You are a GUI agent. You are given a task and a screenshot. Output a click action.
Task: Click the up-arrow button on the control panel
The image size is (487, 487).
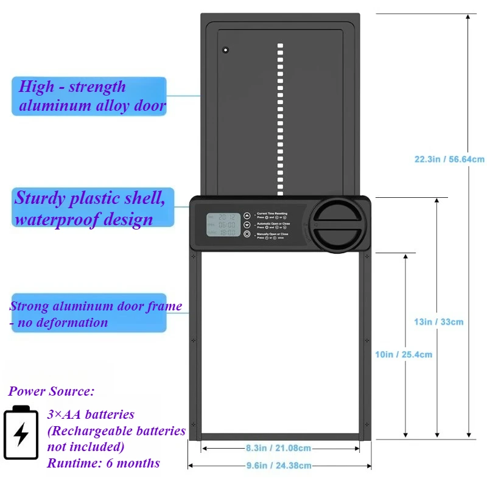247,215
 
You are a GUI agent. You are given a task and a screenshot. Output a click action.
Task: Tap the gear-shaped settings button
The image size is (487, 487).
247,234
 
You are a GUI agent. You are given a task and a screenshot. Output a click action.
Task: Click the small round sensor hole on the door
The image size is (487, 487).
225,49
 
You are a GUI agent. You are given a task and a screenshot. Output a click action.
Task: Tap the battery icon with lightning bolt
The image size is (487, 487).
21,433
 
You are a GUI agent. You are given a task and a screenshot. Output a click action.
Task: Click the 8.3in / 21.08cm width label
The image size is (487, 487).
278,448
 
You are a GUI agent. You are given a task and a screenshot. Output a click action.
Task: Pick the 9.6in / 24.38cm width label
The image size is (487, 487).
278,466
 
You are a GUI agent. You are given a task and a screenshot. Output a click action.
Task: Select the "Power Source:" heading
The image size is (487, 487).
52,391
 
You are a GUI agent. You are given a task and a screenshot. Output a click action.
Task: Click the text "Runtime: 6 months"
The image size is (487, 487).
103,463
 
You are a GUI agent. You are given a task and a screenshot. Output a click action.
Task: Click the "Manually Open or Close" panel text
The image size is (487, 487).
273,233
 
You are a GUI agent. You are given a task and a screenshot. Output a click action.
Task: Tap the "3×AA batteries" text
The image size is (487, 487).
91,415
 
